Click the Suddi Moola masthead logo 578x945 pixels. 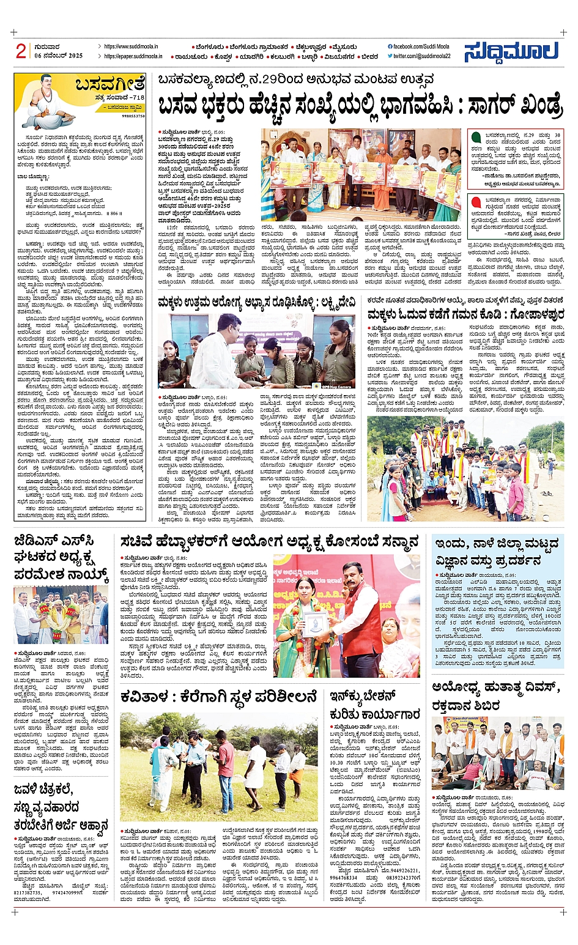coord(511,51)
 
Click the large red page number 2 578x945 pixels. coord(21,51)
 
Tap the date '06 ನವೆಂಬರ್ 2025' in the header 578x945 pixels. coord(58,56)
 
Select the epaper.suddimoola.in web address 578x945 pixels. coord(133,56)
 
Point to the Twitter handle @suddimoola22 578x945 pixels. coord(421,56)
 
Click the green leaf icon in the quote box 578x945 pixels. coord(476,137)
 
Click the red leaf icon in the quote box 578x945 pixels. coord(476,202)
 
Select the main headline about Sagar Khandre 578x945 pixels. coord(359,105)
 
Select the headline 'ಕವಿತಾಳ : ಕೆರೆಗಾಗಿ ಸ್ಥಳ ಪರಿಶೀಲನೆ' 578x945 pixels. coord(219,697)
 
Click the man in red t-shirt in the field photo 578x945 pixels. coord(225,765)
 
